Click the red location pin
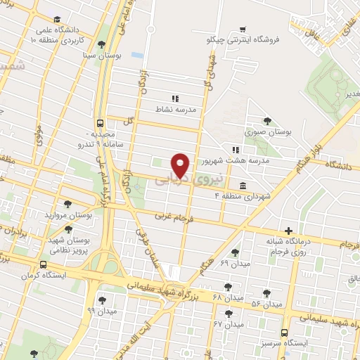pyautogui.click(x=181, y=165)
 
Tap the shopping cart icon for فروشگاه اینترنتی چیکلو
pyautogui.click(x=243, y=29)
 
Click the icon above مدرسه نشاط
pyautogui.click(x=175, y=98)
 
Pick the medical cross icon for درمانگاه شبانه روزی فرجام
pyautogui.click(x=288, y=231)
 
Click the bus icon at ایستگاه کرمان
pyautogui.click(x=44, y=264)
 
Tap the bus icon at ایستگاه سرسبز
pyautogui.click(x=285, y=333)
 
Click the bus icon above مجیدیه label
pyautogui.click(x=101, y=121)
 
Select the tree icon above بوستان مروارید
pyautogui.click(x=67, y=203)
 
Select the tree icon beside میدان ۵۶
pyautogui.click(x=266, y=294)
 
